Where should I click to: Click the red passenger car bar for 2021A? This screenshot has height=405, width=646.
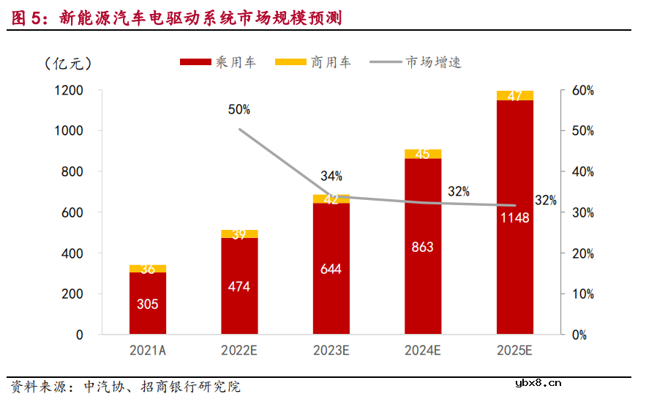(148, 303)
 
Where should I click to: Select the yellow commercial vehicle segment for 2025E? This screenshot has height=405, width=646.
(514, 95)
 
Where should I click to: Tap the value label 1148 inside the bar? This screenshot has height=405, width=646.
(514, 218)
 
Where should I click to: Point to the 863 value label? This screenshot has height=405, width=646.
(422, 247)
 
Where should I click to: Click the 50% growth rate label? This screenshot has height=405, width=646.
(239, 110)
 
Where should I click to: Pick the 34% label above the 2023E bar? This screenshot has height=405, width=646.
(331, 176)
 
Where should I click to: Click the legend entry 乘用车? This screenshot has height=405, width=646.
(218, 63)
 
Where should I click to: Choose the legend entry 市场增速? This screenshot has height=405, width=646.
(417, 63)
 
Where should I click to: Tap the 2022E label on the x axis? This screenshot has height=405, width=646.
(239, 351)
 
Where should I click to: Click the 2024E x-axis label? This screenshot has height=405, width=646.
(422, 351)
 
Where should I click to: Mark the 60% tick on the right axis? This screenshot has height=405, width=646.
(582, 90)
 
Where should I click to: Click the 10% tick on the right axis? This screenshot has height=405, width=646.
(582, 294)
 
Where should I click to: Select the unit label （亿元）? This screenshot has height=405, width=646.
(67, 63)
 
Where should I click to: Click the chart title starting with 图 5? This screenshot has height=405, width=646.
(176, 16)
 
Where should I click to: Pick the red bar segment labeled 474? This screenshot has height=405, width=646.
(239, 286)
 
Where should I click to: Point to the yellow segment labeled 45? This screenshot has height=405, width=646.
(422, 154)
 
